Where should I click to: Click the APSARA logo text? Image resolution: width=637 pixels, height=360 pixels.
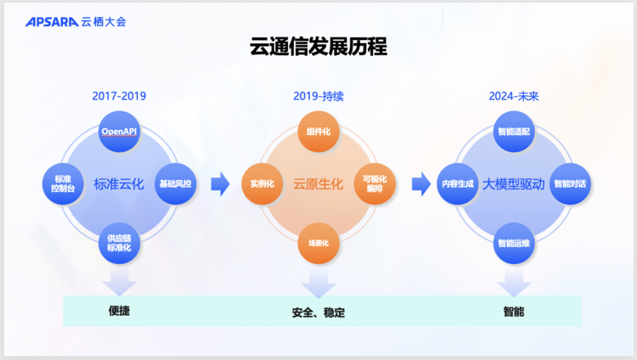tap(52, 22)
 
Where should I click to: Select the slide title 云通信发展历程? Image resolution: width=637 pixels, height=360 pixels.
tap(318, 47)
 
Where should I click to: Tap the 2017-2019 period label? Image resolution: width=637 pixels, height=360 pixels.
tap(119, 96)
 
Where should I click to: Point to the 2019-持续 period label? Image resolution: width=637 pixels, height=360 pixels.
tap(318, 96)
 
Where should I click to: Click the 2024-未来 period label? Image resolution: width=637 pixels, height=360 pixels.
tap(514, 96)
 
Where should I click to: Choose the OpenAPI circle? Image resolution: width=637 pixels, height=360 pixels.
tap(119, 132)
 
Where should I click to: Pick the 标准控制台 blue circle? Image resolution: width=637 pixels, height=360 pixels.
tap(63, 183)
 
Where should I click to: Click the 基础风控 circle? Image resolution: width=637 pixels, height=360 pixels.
tap(176, 183)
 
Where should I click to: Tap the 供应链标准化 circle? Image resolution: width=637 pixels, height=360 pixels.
tap(119, 243)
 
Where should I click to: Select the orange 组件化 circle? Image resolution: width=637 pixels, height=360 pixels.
tap(318, 132)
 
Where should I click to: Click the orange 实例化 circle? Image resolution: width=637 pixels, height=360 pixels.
tap(262, 183)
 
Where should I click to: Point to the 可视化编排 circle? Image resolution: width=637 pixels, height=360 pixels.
tap(375, 183)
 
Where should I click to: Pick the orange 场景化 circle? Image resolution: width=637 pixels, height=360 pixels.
tap(318, 243)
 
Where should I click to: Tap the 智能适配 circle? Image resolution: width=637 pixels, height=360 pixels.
tap(514, 132)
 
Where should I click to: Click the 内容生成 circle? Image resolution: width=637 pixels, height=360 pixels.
tap(458, 183)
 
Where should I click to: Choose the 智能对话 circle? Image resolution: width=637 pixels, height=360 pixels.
tap(570, 183)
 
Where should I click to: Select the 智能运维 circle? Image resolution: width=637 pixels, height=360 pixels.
tap(514, 243)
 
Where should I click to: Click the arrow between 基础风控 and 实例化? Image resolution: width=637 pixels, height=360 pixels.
tap(220, 184)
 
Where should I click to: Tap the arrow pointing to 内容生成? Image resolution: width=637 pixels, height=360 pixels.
tap(421, 184)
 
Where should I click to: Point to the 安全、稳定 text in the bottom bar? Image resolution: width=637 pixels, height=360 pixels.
tap(318, 312)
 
